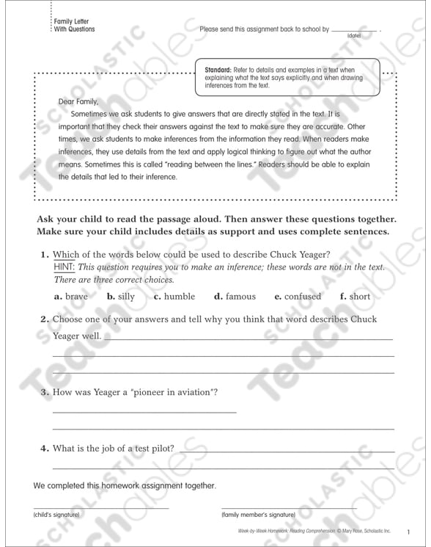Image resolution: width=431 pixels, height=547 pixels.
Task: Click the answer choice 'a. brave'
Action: click(70, 297)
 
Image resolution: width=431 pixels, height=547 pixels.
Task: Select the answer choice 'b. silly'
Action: click(121, 297)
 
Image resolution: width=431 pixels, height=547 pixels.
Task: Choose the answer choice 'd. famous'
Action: click(235, 297)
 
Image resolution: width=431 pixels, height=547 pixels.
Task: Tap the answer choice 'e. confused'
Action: click(298, 297)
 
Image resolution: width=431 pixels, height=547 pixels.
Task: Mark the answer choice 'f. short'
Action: click(355, 297)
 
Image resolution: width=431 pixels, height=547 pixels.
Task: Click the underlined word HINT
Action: click(65, 267)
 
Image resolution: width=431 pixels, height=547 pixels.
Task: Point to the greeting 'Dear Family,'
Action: click(77, 101)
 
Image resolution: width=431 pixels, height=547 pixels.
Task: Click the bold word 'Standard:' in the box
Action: click(219, 69)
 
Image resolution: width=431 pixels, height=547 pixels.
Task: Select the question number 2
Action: click(44, 319)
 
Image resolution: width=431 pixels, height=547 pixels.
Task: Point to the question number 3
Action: click(44, 392)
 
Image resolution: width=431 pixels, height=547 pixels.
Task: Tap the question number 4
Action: click(44, 448)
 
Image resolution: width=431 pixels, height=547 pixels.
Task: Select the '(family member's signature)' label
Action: click(258, 515)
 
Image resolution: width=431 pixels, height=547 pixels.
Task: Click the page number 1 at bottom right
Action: click(408, 531)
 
